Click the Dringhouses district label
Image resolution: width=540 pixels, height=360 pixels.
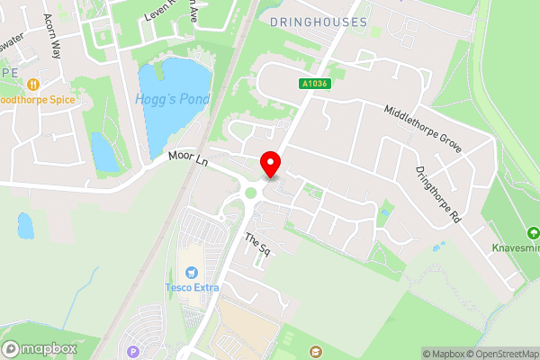tap(318, 21)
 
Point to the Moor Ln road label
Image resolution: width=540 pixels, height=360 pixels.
tap(188, 160)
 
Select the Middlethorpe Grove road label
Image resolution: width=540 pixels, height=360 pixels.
tap(422, 128)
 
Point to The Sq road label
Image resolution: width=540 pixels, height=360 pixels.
tap(257, 244)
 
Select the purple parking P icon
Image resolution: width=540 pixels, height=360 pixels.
tap(134, 352)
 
